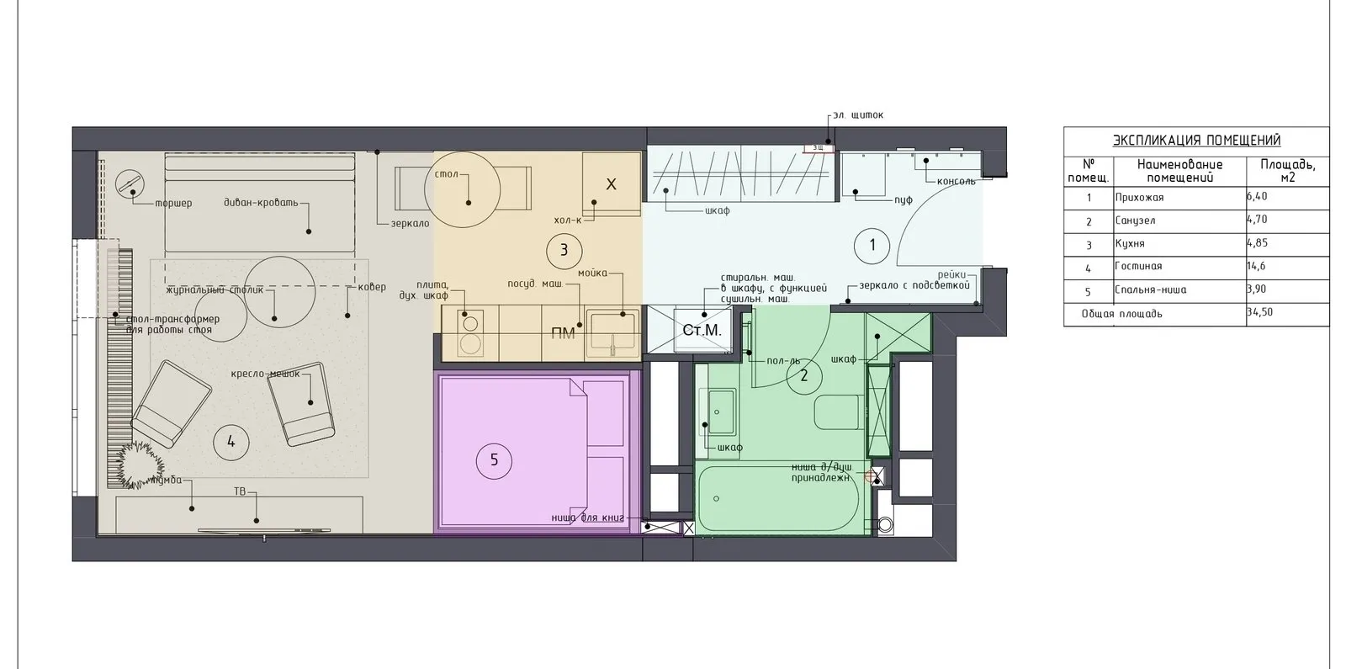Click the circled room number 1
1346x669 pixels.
[872, 246]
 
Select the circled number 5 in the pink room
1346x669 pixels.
[494, 459]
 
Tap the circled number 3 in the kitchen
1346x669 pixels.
[564, 250]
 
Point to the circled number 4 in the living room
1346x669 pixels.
[231, 442]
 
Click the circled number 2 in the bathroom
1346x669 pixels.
[803, 375]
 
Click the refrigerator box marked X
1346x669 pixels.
[611, 184]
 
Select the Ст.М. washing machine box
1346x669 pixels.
[702, 330]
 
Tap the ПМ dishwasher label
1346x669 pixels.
[563, 334]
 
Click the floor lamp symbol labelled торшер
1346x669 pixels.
[129, 183]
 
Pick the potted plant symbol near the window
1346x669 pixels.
[140, 460]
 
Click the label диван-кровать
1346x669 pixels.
[261, 203]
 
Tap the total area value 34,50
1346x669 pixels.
[1259, 312]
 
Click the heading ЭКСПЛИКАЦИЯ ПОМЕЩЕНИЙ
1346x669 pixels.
[1196, 141]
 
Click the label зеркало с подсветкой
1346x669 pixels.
[914, 285]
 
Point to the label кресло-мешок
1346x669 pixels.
[265, 374]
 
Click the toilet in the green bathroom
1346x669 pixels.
[836, 411]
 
